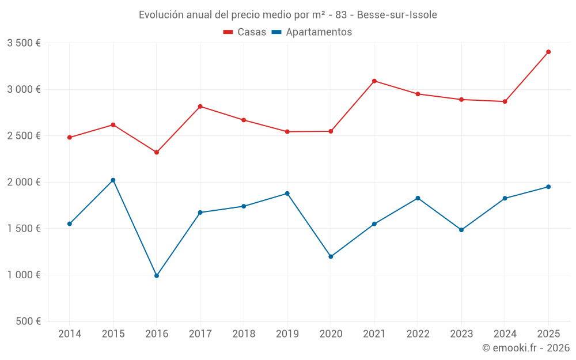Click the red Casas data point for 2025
[x=548, y=52]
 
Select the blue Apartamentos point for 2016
[x=157, y=276]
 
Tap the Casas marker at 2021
[x=374, y=81]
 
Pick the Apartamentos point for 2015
[x=113, y=180]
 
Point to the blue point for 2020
[x=331, y=257]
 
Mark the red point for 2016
[x=157, y=152]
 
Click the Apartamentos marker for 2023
[x=461, y=230]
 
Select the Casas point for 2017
[x=200, y=107]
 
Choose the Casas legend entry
[x=245, y=32]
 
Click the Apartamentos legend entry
[x=311, y=32]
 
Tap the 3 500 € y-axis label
[x=24, y=43]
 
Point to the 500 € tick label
[x=28, y=321]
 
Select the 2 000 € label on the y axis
[x=24, y=182]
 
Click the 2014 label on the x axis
[x=70, y=334]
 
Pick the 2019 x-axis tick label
[x=287, y=334]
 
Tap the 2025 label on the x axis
[x=548, y=334]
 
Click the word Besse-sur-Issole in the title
[x=397, y=14]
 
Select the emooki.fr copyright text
[x=526, y=348]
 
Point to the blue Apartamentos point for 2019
[x=287, y=194]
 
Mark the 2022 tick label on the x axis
[x=418, y=334]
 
